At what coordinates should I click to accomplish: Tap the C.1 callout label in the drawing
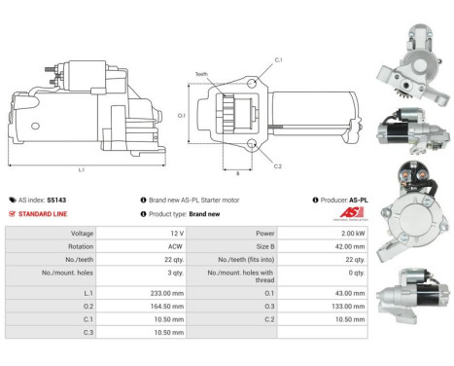click(x=278, y=59)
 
